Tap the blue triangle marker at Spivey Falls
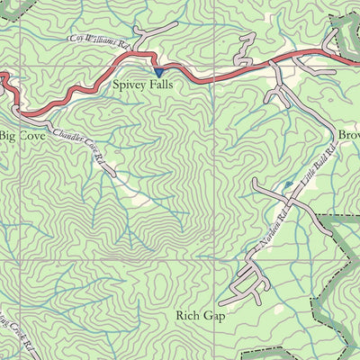158,72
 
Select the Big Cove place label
20,136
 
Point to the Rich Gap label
202,316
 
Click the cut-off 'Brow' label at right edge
348,135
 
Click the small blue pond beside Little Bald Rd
288,184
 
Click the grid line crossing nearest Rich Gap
215,261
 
